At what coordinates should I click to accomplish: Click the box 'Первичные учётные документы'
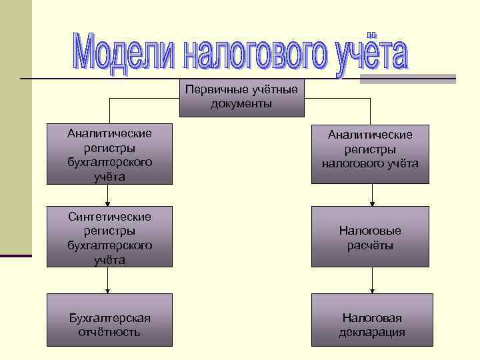click(241, 97)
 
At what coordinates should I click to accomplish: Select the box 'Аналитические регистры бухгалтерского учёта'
click(109, 153)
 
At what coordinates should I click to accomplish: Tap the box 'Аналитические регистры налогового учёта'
click(370, 153)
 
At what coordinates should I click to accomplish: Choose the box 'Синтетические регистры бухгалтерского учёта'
click(109, 237)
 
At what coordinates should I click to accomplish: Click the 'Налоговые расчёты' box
click(370, 237)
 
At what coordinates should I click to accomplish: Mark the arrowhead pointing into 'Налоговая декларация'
click(373, 290)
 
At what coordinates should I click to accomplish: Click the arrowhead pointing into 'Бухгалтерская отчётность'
click(108, 290)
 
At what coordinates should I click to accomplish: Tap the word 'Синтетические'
click(109, 217)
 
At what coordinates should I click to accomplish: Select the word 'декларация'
click(371, 332)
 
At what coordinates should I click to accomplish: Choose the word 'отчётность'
click(109, 332)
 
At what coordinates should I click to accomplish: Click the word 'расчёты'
click(370, 245)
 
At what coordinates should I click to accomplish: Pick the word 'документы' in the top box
click(241, 104)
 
